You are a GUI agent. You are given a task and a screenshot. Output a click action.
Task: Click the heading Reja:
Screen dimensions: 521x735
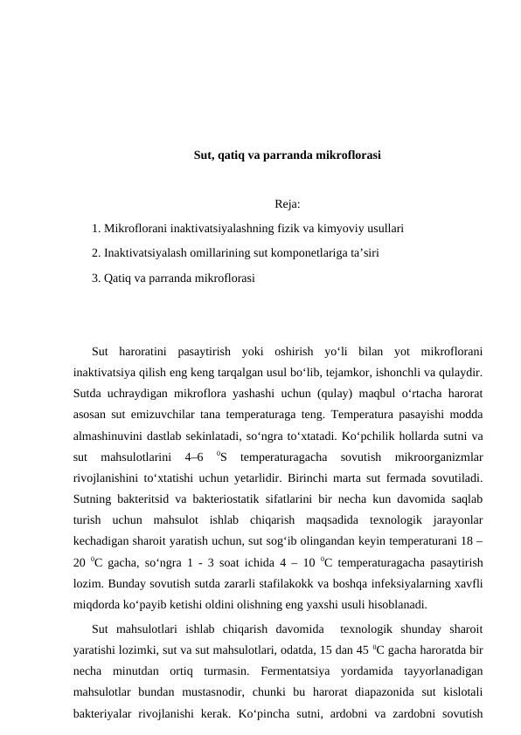coord(287,206)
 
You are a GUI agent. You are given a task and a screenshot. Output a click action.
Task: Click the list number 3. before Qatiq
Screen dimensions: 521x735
coord(96,278)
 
